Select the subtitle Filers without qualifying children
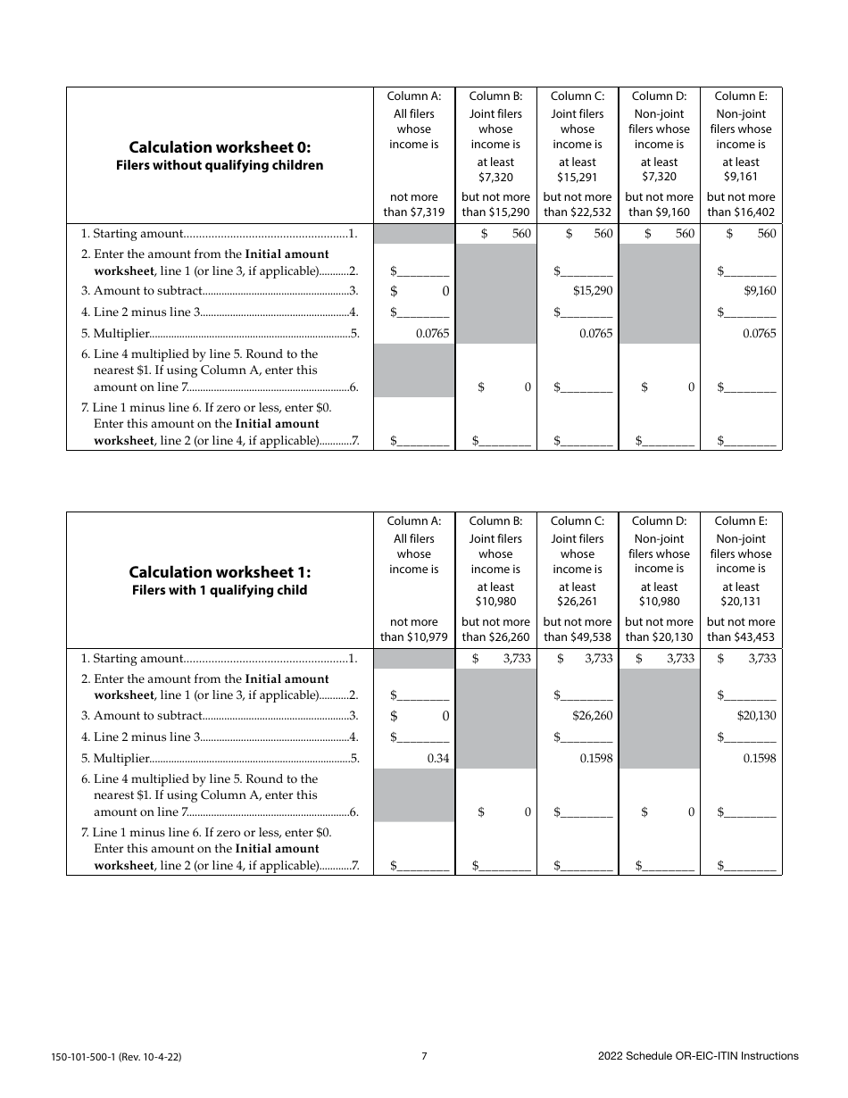[220, 165]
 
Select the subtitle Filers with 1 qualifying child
[220, 590]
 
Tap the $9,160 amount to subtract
[760, 291]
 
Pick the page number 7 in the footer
[424, 1056]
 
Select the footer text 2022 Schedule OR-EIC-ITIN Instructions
[698, 1056]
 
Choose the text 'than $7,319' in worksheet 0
[413, 212]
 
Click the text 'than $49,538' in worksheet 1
[578, 637]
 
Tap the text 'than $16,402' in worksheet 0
[741, 212]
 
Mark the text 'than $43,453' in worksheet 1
[741, 637]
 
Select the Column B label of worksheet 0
[495, 96]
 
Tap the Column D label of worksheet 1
[659, 521]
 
